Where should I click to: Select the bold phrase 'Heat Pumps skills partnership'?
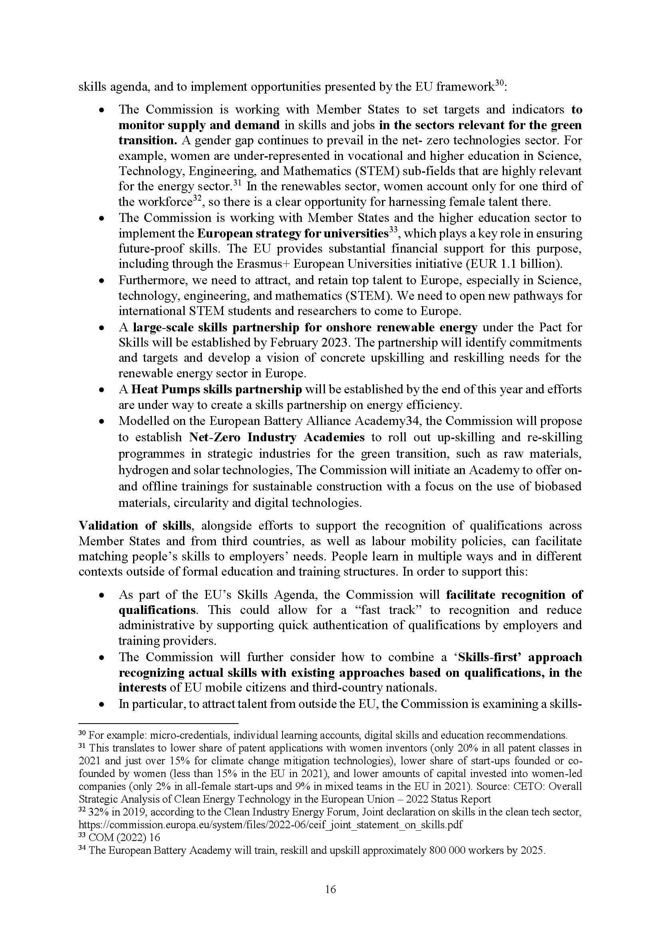217,389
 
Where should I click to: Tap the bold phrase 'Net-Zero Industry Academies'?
277,437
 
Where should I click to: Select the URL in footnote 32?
270,825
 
